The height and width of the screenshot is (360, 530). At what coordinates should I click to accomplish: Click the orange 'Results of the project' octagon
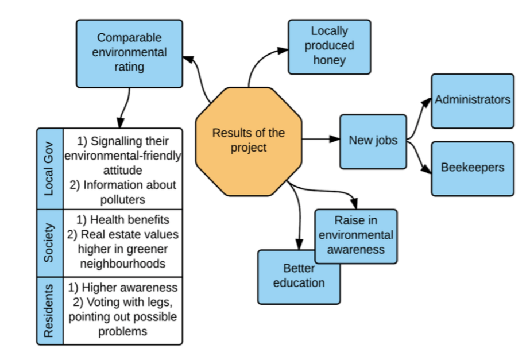pos(249,141)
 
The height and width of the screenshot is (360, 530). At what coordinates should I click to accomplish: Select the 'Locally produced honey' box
pos(329,47)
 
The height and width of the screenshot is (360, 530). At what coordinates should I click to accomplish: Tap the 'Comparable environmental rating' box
pos(129,53)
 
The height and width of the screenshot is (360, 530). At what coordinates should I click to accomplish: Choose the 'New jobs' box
pos(373,141)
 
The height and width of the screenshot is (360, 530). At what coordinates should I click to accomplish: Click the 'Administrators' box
pos(473,100)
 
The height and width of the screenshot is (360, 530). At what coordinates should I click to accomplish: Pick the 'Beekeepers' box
pos(473,168)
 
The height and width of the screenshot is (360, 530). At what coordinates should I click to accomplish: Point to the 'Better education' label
pos(299,276)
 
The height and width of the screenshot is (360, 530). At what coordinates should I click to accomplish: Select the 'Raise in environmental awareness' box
pos(356,236)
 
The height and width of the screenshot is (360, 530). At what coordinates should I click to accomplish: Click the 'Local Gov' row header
pos(50,169)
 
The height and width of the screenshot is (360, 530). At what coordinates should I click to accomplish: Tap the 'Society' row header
pos(50,243)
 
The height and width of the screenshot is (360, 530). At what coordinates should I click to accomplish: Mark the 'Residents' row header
pos(50,311)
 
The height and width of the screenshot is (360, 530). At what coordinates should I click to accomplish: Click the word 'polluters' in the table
pos(123,199)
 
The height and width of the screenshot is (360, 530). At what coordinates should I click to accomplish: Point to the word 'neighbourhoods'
pos(123,264)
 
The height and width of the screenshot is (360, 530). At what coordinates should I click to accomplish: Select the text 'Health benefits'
pos(130,220)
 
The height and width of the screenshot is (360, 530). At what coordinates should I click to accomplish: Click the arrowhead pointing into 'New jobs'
pos(335,139)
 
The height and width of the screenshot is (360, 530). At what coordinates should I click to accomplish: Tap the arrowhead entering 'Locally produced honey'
pos(283,51)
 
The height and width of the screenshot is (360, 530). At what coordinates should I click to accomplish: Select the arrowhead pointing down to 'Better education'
pos(299,245)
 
